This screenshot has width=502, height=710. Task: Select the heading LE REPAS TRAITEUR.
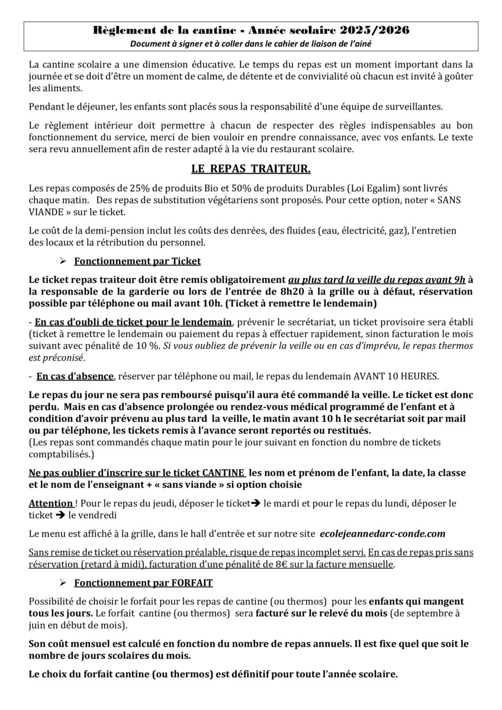pos(250,169)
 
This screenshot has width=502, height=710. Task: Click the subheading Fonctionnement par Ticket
pos(137,261)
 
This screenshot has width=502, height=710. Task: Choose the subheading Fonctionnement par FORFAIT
pos(143,583)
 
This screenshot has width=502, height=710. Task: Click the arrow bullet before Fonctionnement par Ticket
pos(63,261)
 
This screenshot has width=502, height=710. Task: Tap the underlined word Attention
pos(50,503)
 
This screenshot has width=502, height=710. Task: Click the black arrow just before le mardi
pos(256,503)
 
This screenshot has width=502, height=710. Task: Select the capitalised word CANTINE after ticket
pos(223,473)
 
